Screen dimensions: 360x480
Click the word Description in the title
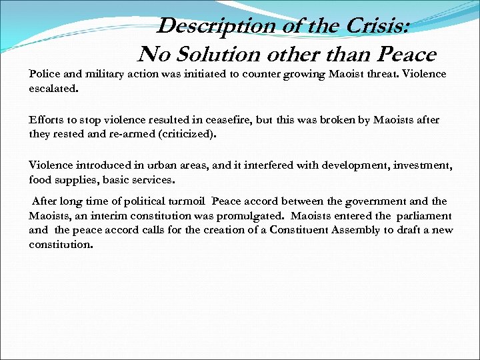pos(206,25)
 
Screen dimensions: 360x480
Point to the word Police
pos(43,74)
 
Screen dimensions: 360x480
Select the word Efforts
pos(45,121)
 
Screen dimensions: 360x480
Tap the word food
pos(39,179)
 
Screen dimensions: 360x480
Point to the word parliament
pos(423,216)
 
